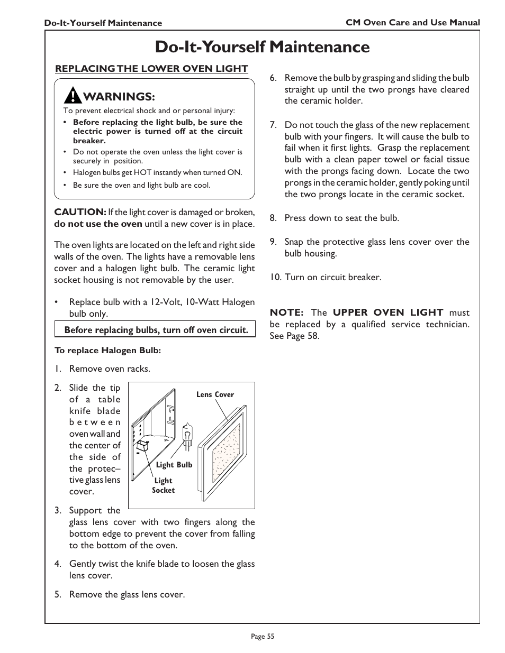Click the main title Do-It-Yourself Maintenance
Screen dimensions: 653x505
coord(263,47)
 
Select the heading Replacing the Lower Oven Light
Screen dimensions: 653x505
coord(151,68)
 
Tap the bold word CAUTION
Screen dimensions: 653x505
coord(80,212)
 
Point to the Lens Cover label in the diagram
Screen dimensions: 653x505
coord(215,394)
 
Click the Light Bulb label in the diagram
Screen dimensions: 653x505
coord(174,465)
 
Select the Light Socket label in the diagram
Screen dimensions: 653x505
coord(163,485)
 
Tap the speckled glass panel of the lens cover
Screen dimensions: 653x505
coord(226,450)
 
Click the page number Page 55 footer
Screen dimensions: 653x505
coord(263,637)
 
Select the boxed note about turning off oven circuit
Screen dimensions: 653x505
coord(156,330)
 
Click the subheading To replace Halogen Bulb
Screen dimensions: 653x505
coord(107,350)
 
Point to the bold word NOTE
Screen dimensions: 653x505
coord(286,312)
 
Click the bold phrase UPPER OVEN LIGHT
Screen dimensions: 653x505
coord(388,312)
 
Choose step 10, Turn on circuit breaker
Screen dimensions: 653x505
coord(325,277)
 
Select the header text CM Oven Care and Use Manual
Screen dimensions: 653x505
coord(412,22)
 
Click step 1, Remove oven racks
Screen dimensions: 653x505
coord(102,369)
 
